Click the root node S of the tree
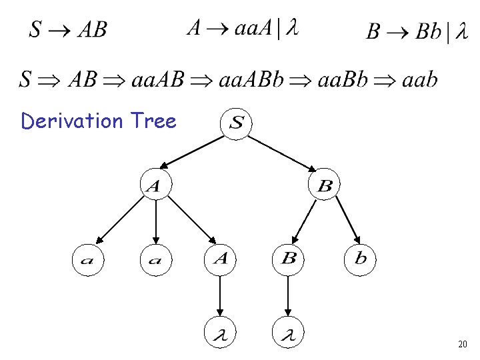[237, 123]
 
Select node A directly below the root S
[154, 185]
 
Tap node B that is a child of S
[324, 185]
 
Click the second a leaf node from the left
[155, 259]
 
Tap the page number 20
[463, 345]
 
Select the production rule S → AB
[67, 30]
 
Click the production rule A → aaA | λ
[242, 28]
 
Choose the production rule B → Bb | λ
[417, 31]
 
